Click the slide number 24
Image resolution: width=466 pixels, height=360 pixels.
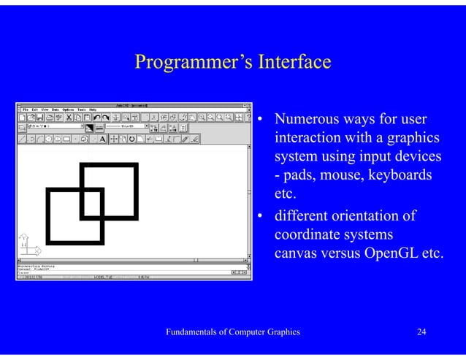pos(421,332)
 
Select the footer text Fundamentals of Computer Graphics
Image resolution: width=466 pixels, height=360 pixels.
pos(233,332)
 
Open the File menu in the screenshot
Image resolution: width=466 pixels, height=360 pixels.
pos(25,108)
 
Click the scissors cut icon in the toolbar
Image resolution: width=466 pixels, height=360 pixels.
pos(69,117)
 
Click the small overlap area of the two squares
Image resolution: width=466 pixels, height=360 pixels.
pos(91,204)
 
